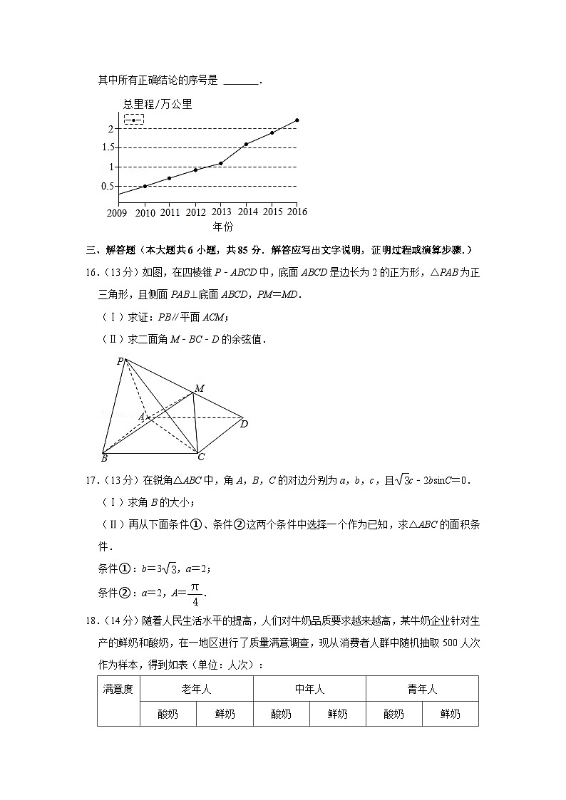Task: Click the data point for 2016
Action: point(297,120)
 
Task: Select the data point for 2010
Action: point(145,187)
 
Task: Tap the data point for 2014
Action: point(246,145)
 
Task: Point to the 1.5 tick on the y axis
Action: point(108,147)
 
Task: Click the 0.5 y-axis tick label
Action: point(108,187)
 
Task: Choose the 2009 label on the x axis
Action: point(117,213)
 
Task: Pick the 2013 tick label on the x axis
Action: point(221,213)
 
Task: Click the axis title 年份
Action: point(222,227)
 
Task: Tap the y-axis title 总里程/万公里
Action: point(158,105)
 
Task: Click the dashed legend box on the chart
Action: point(134,120)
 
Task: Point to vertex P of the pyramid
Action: point(120,361)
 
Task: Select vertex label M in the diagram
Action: point(200,388)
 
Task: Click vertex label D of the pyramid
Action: point(244,425)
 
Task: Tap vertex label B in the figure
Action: point(104,457)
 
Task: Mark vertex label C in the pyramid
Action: point(201,457)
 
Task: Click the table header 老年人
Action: point(196,689)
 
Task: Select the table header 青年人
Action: point(422,689)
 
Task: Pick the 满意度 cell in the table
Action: point(118,689)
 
